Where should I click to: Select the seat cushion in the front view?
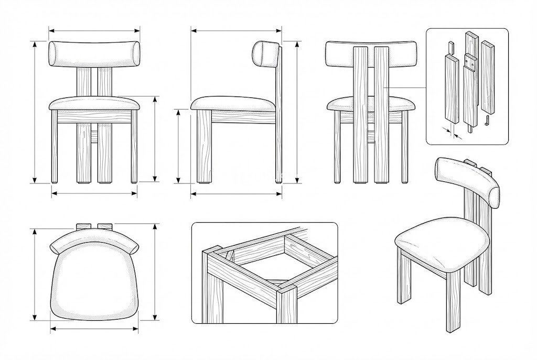pos(95,103)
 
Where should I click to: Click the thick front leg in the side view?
pos(205,147)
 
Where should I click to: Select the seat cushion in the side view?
pos(233,103)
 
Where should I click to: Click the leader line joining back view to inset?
pos(406,87)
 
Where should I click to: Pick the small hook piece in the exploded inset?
pos(487,122)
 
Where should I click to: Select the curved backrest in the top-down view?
pos(94,239)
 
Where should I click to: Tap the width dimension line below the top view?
pos(94,329)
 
